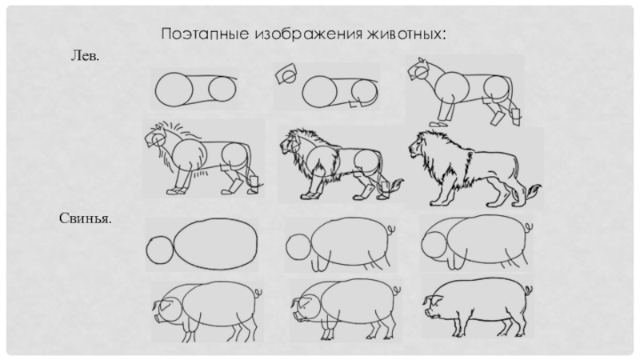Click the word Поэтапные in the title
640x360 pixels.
point(205,34)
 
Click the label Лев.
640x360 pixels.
point(85,55)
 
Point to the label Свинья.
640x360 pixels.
point(86,218)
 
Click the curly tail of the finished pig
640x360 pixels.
point(528,290)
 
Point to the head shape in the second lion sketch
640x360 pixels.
point(286,74)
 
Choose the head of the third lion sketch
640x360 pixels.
point(419,70)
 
